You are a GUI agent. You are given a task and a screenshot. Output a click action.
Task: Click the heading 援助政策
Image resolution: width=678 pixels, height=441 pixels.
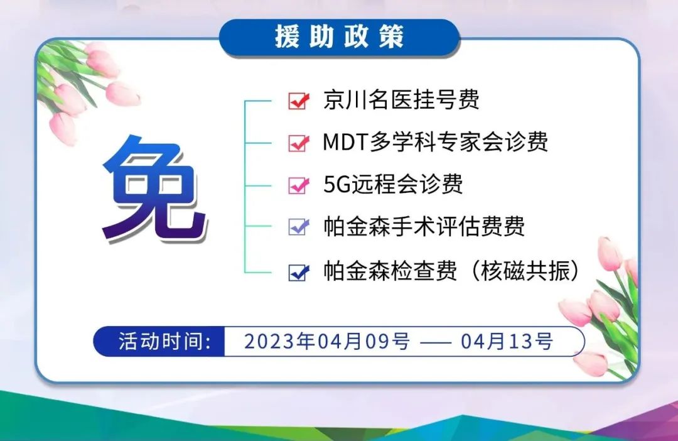pyautogui.click(x=340, y=36)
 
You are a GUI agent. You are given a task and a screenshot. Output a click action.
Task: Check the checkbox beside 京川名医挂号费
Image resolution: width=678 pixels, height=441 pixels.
pyautogui.click(x=299, y=101)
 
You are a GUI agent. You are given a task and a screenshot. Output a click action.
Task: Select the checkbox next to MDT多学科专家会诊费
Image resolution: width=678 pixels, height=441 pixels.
pyautogui.click(x=299, y=143)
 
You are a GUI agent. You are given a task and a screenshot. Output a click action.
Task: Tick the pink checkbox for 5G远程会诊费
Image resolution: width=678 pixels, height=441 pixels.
pyautogui.click(x=299, y=185)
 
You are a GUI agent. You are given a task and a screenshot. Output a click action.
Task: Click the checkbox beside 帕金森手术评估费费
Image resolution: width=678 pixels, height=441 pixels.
pyautogui.click(x=299, y=227)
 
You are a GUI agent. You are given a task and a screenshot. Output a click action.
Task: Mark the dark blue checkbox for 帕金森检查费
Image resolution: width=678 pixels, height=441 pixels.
pyautogui.click(x=299, y=273)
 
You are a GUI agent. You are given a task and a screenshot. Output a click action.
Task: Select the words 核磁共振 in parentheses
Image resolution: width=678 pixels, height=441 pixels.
pyautogui.click(x=525, y=271)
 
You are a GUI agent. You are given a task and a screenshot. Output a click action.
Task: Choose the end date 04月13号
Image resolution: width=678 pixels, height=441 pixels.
pyautogui.click(x=507, y=342)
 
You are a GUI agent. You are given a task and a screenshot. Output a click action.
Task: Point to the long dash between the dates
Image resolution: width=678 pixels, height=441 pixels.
pyautogui.click(x=436, y=343)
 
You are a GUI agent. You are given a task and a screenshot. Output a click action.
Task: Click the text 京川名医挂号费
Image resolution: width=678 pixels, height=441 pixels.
pyautogui.click(x=401, y=99)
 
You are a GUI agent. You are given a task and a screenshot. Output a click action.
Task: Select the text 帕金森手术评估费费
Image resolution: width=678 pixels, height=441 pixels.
pyautogui.click(x=424, y=226)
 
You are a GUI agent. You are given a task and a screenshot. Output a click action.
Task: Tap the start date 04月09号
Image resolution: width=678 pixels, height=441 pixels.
pyautogui.click(x=364, y=342)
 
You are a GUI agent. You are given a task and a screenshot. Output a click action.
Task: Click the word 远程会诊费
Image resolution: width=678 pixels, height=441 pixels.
pyautogui.click(x=407, y=184)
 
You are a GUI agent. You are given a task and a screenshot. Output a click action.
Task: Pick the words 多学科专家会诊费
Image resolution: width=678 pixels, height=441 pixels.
pyautogui.click(x=458, y=142)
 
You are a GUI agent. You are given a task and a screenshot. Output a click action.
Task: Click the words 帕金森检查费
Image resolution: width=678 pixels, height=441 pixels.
pyautogui.click(x=390, y=271)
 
